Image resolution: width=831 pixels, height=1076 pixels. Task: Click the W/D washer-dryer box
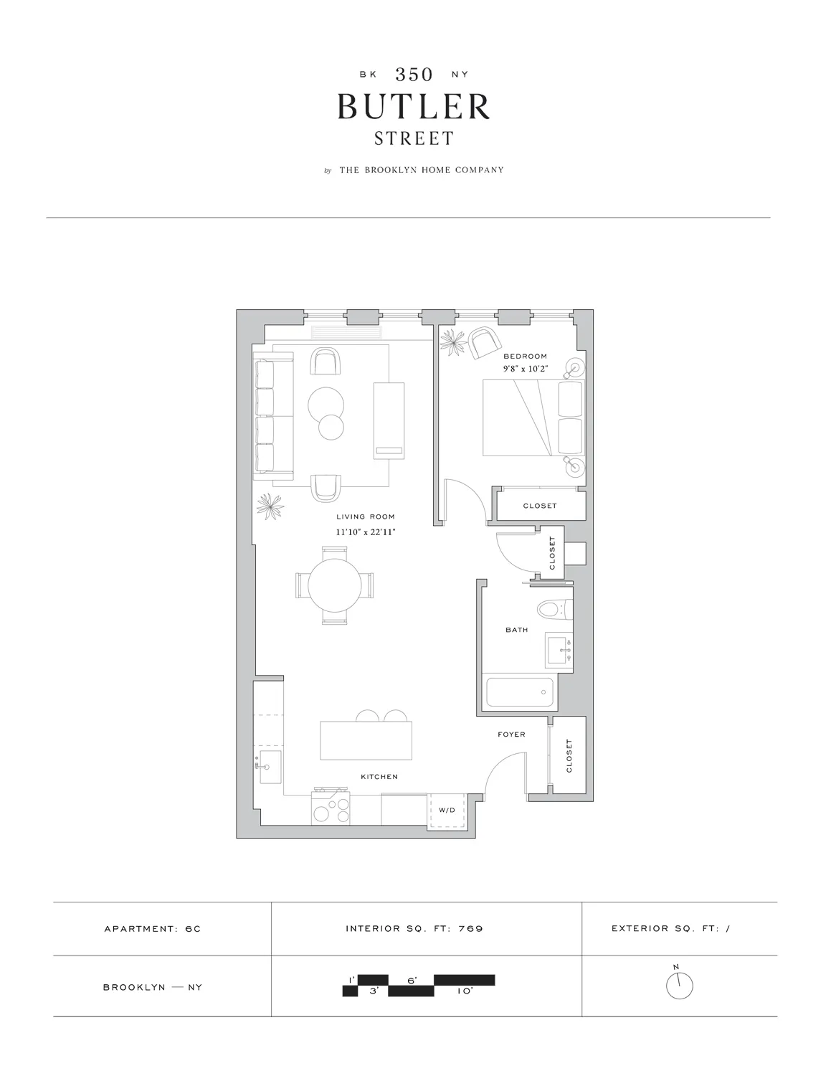(447, 811)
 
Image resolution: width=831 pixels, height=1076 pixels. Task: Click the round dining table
(335, 585)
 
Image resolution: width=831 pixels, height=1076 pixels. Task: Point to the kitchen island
(366, 741)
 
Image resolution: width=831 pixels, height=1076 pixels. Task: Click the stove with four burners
(331, 808)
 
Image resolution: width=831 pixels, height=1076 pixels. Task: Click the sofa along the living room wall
(272, 418)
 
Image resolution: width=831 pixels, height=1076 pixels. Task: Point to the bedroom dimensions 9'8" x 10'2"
(525, 369)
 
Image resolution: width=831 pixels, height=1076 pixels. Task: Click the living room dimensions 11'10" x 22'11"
(366, 532)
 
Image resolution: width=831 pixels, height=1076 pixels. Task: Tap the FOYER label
(511, 735)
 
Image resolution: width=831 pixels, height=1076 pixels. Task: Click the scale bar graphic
(419, 985)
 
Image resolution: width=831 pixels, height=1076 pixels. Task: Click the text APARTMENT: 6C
(153, 929)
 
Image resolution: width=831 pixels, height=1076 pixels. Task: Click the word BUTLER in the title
(414, 107)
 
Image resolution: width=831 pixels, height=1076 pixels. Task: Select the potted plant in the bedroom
(453, 343)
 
